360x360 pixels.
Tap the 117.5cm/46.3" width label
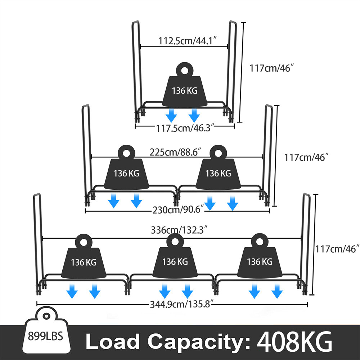click(185, 128)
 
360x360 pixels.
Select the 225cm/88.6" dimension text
click(175, 152)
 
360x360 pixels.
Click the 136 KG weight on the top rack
click(185, 88)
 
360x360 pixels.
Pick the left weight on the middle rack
click(126, 171)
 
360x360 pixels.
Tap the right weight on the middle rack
click(218, 171)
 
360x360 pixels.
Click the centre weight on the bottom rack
click(175, 259)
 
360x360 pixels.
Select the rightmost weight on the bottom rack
click(259, 259)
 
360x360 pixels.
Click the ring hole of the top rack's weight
click(185, 70)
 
